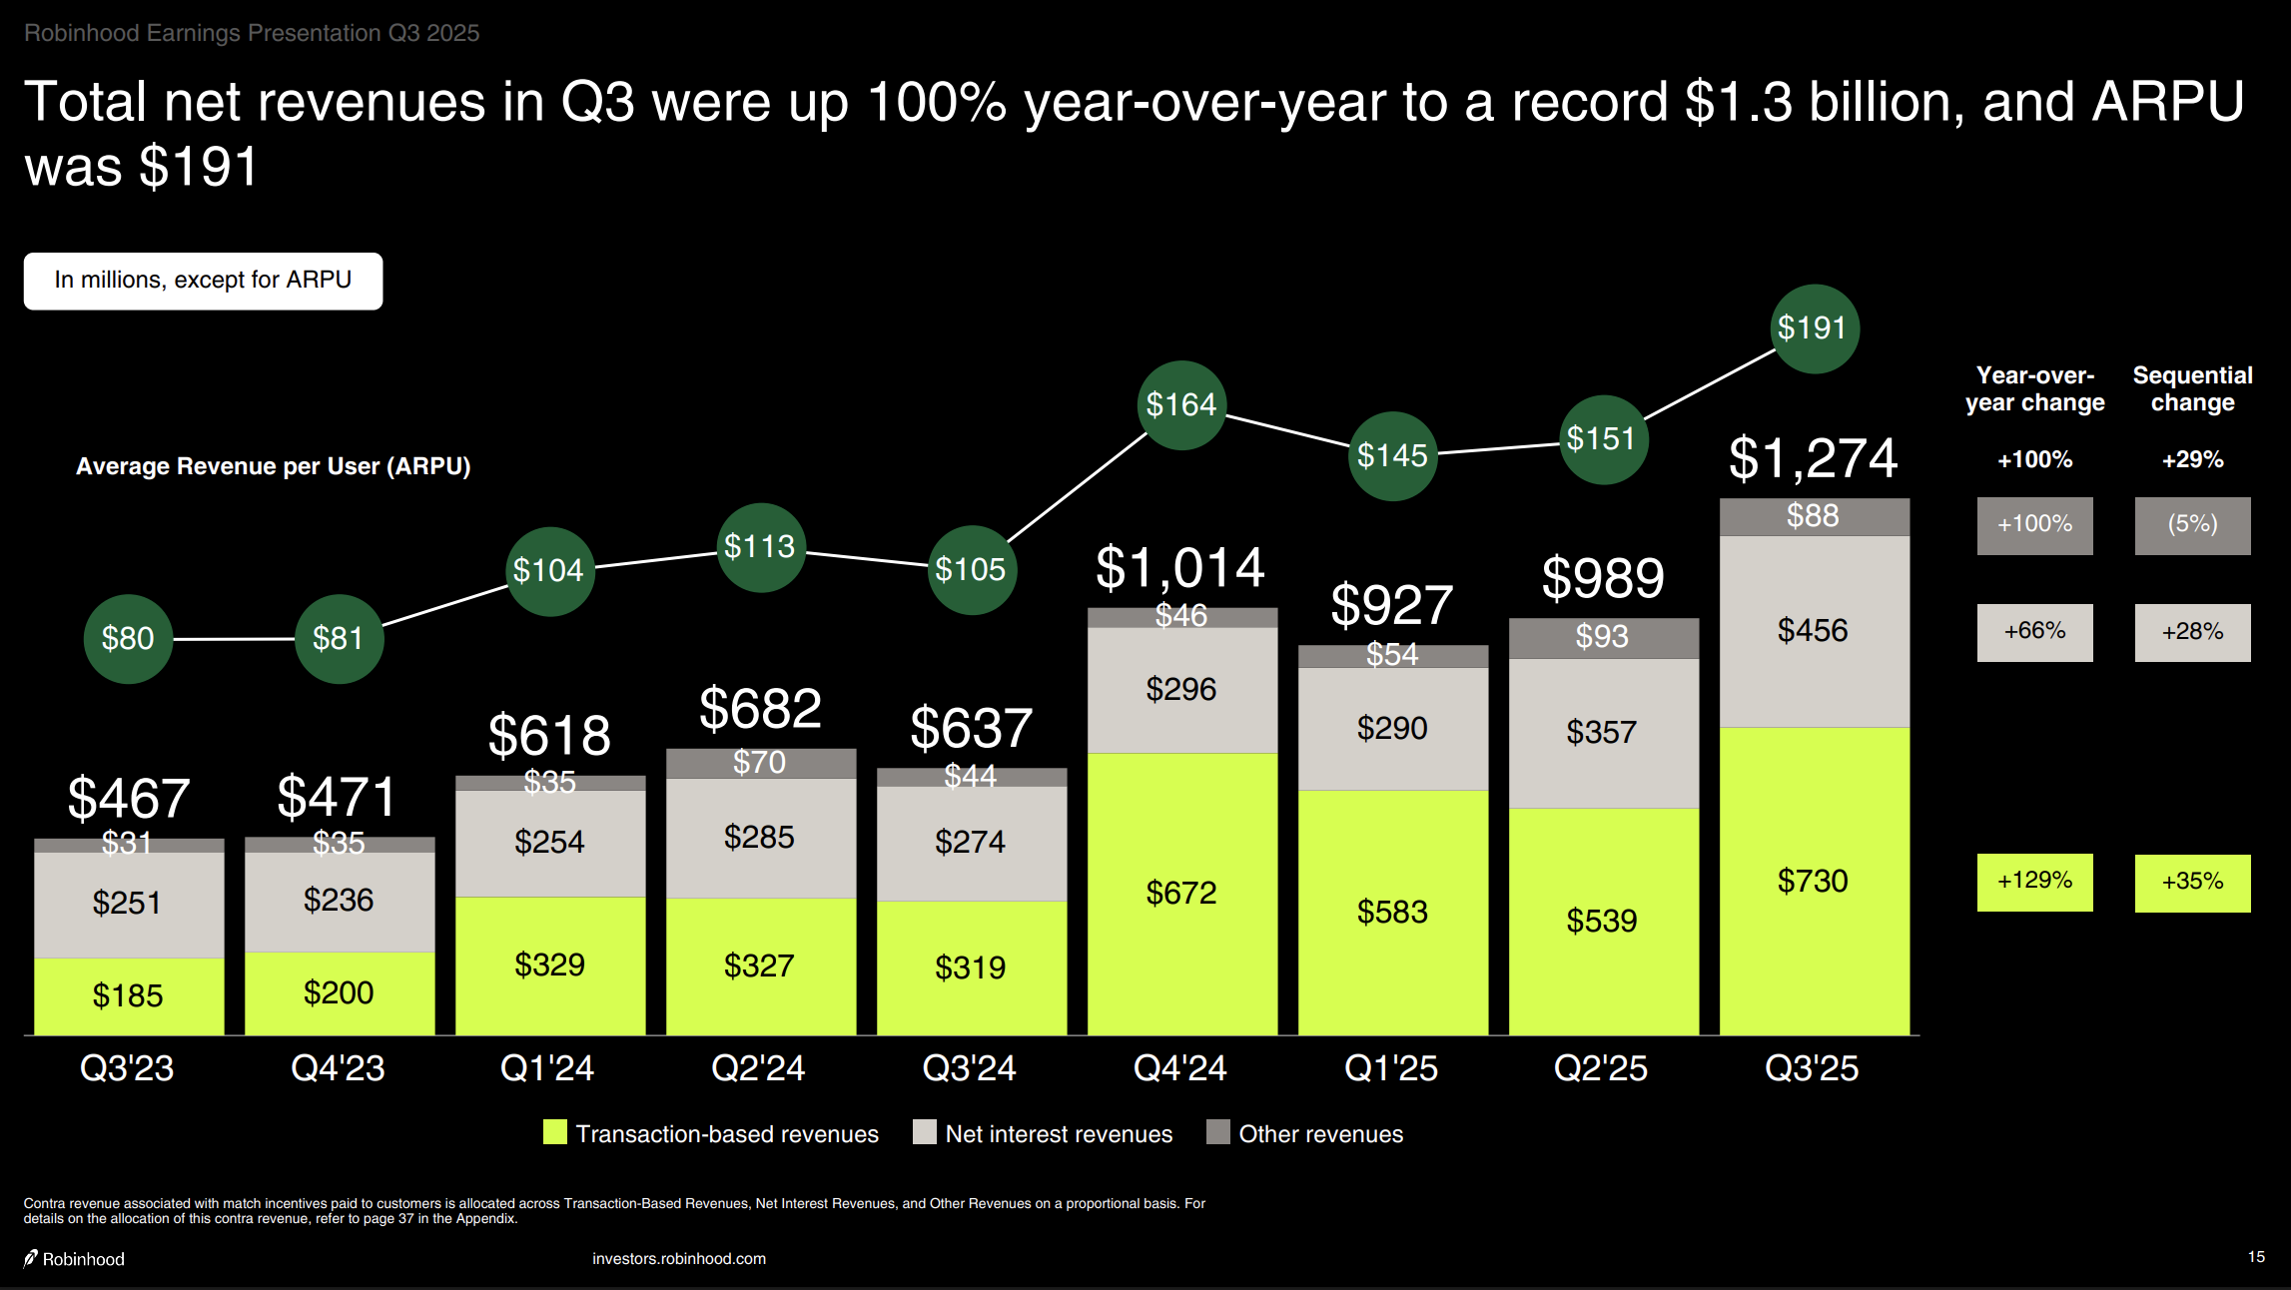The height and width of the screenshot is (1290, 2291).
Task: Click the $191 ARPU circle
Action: (x=1813, y=328)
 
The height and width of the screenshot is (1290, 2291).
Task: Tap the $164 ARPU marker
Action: (x=1181, y=405)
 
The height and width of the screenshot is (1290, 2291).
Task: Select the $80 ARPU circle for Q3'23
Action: (x=128, y=639)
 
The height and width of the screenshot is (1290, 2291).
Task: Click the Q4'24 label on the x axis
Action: (x=1179, y=1068)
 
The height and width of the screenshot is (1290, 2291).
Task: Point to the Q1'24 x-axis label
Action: (x=547, y=1068)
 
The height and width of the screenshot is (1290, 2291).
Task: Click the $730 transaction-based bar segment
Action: (x=1814, y=881)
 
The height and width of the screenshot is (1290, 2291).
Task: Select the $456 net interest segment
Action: (x=1814, y=631)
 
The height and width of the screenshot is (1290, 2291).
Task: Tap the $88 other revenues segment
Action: (x=1814, y=516)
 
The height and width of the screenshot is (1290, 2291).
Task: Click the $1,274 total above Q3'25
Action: (x=1813, y=459)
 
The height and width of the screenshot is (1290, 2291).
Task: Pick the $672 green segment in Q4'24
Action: (x=1181, y=893)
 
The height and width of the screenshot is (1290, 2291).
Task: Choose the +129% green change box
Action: (x=2034, y=882)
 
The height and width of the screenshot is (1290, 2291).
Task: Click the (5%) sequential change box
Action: (x=2192, y=525)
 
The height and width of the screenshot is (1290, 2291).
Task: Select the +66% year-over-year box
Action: (x=2034, y=632)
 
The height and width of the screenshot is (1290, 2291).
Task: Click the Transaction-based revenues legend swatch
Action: (x=555, y=1132)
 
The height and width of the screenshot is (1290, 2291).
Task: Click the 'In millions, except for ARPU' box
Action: (x=203, y=281)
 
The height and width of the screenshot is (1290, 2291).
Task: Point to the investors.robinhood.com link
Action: (x=679, y=1259)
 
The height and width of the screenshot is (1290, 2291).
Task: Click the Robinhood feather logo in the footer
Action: (x=32, y=1258)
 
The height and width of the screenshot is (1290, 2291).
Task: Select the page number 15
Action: (x=2256, y=1257)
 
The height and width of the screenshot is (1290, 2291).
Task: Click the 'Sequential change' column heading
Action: (x=2192, y=389)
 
